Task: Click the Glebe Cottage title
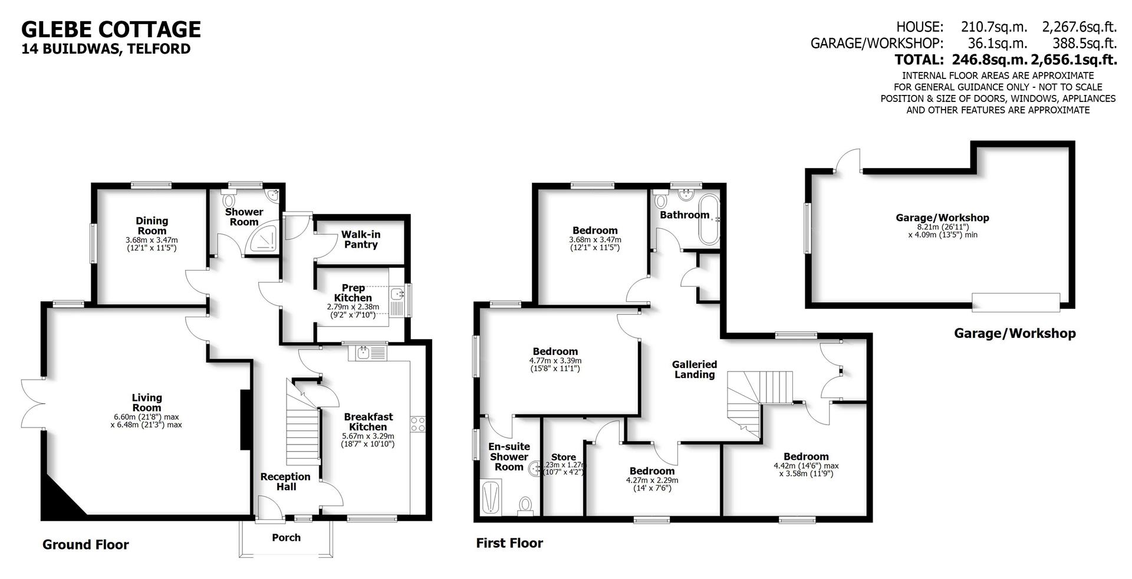point(111,29)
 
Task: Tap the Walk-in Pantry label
point(361,239)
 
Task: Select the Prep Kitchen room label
point(353,293)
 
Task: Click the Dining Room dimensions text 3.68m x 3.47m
point(152,240)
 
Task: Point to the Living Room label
point(147,403)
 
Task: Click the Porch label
point(286,538)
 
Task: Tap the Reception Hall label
point(285,482)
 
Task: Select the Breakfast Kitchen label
point(368,422)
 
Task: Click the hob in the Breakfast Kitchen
point(418,424)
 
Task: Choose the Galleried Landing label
point(695,370)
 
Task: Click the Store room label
point(563,458)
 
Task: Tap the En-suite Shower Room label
point(509,456)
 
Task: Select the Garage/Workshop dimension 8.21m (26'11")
point(943,226)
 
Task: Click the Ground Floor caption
point(85,545)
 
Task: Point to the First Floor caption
point(509,543)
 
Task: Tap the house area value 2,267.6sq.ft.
point(1080,27)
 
